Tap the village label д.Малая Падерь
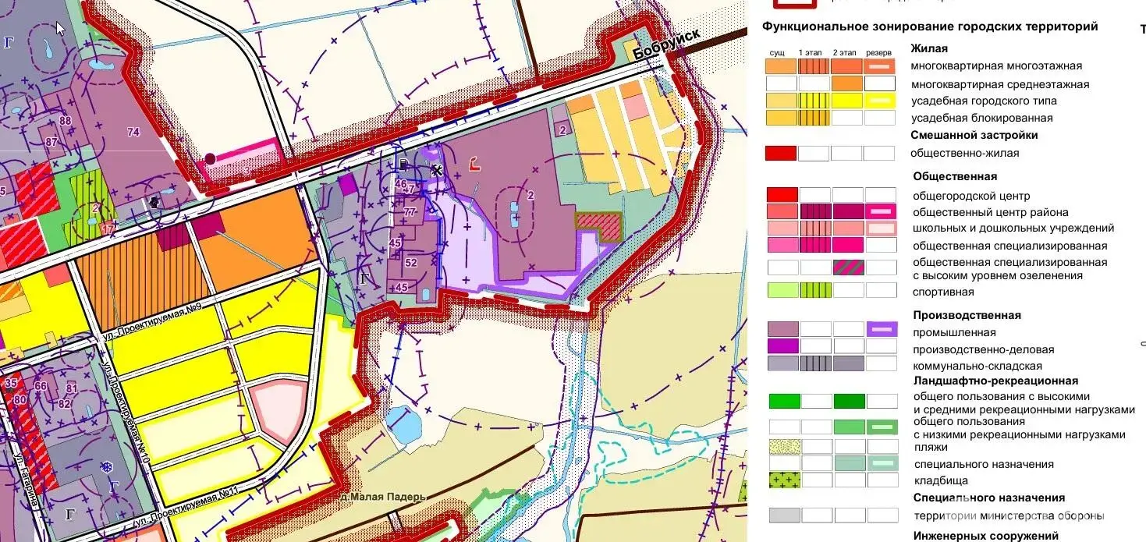(x=381, y=497)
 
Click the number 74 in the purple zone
(x=133, y=133)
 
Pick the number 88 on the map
(x=65, y=121)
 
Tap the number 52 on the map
(x=410, y=263)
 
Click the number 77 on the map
(x=410, y=211)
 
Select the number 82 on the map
(x=65, y=403)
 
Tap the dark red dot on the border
(x=210, y=158)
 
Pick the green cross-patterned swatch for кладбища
(x=783, y=480)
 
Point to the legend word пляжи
(x=930, y=447)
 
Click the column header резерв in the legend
(x=878, y=52)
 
